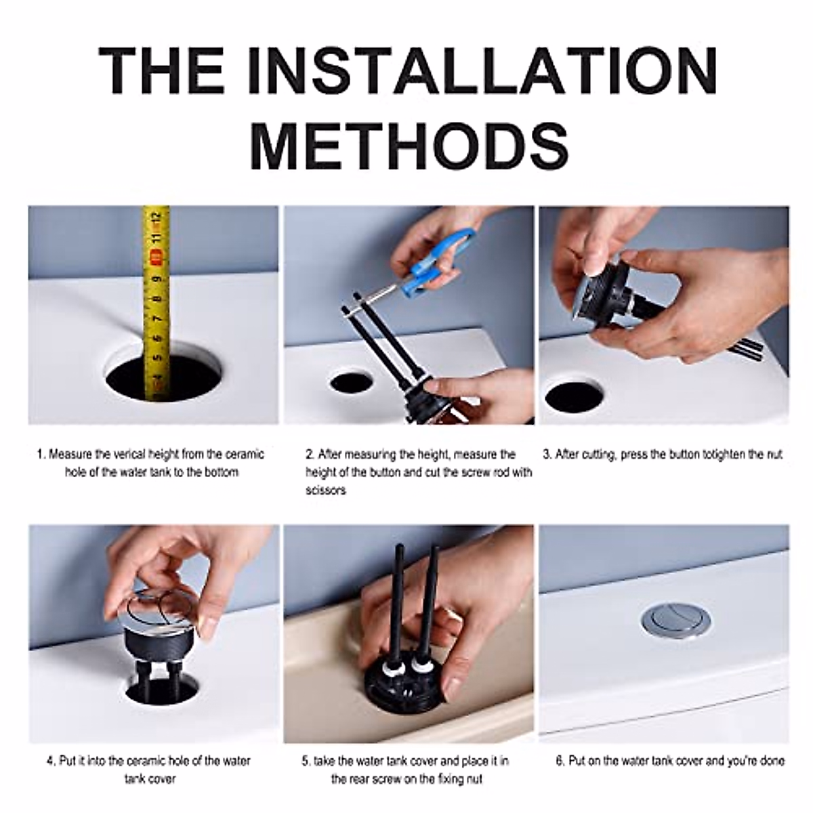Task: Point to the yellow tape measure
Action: [157, 302]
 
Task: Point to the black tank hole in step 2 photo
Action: [350, 382]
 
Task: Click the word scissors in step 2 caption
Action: [326, 491]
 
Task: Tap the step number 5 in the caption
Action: [306, 762]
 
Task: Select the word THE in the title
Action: [161, 70]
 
